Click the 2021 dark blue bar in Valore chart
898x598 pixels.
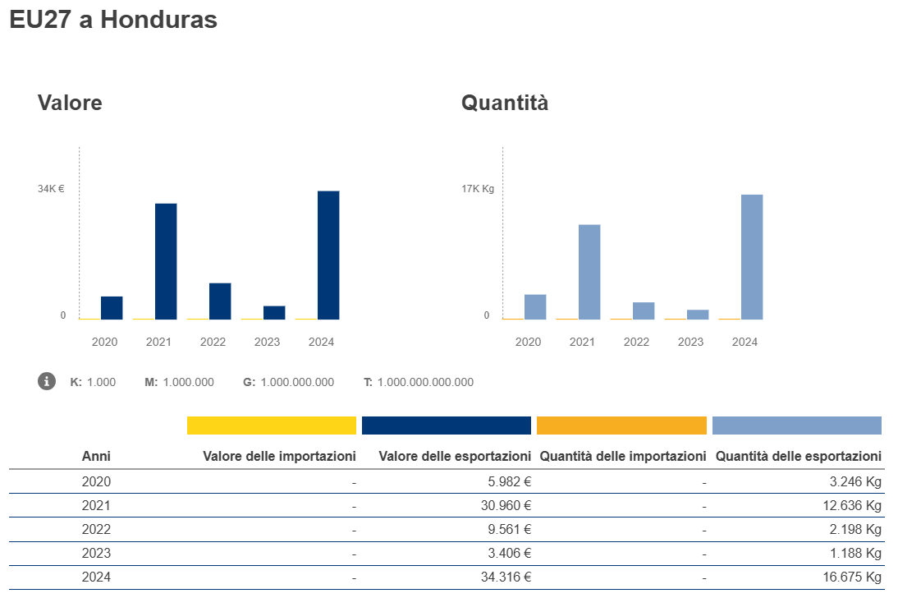pyautogui.click(x=166, y=261)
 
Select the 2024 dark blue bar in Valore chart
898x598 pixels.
pyautogui.click(x=328, y=255)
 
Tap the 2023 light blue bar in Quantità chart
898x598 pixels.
pyautogui.click(x=698, y=315)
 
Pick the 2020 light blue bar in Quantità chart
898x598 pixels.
pyautogui.click(x=535, y=306)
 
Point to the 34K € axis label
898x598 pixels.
pyautogui.click(x=51, y=189)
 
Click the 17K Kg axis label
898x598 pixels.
pyautogui.click(x=477, y=189)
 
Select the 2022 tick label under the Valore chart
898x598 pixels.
pyautogui.click(x=213, y=342)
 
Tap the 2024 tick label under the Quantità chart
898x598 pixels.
pyautogui.click(x=745, y=342)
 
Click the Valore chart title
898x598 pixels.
pyautogui.click(x=70, y=103)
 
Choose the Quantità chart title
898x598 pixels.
pyautogui.click(x=505, y=103)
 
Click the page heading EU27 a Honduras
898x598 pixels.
pyautogui.click(x=113, y=20)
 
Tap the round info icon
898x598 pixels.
pyautogui.click(x=48, y=381)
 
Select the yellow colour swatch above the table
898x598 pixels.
pyautogui.click(x=272, y=425)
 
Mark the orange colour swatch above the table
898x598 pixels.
pyautogui.click(x=621, y=425)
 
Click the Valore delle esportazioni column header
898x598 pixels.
pyautogui.click(x=455, y=456)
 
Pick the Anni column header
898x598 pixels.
pyautogui.click(x=96, y=456)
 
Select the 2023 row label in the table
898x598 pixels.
pyautogui.click(x=96, y=554)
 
